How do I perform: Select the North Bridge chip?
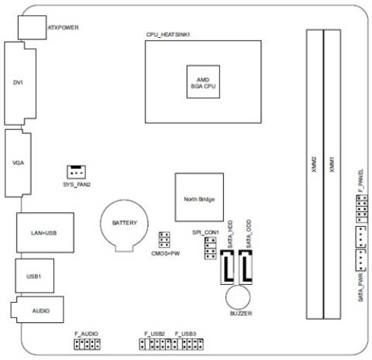coord(199,199)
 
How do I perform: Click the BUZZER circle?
coord(237,297)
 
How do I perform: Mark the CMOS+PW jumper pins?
coord(164,240)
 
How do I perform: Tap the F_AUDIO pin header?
coord(88,341)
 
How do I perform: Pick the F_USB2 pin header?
coord(154,341)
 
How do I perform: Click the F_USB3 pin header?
coord(187,341)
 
